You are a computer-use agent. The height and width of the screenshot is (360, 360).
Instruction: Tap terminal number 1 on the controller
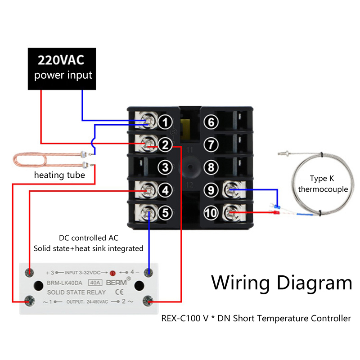pyautogui.click(x=166, y=122)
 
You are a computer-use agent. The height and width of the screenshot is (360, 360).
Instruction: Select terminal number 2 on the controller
pyautogui.click(x=166, y=144)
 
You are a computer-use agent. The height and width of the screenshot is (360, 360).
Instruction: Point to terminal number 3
pyautogui.click(x=166, y=167)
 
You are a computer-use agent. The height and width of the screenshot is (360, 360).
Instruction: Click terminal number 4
pyautogui.click(x=166, y=190)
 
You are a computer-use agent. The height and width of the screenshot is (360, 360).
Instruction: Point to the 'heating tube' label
pyautogui.click(x=59, y=175)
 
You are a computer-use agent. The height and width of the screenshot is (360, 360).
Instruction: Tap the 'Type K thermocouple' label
pyautogui.click(x=323, y=184)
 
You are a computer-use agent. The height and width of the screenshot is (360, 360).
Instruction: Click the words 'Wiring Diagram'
pyautogui.click(x=282, y=283)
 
